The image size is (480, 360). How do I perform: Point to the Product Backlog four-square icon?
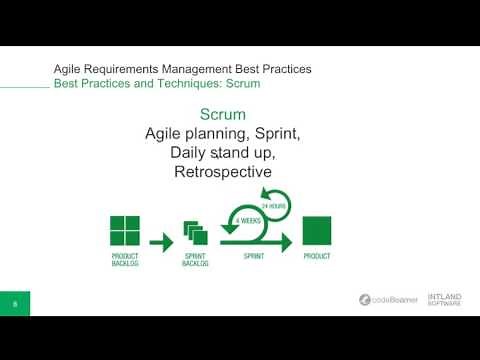point(125,231)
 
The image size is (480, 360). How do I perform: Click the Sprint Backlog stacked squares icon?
point(194,233)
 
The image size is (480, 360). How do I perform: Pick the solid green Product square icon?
point(316,231)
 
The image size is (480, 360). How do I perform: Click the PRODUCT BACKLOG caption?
point(125,261)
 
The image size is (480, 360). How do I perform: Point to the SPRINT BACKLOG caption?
point(194,261)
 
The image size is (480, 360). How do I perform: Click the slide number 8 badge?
point(15,301)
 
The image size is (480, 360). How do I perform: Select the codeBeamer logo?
point(390,300)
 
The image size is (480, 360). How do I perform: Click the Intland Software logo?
point(444,300)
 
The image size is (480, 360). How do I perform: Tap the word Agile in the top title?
point(69,68)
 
